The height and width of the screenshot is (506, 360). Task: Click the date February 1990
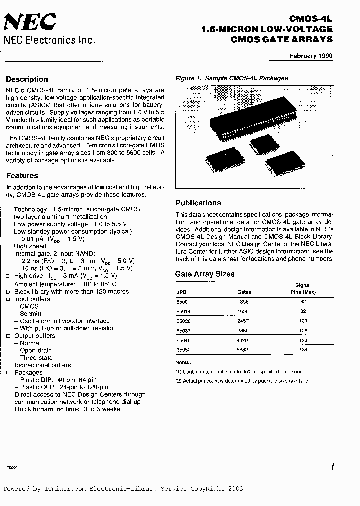click(x=311, y=56)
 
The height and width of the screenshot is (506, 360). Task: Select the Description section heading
click(x=27, y=79)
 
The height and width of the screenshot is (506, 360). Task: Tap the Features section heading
click(x=22, y=176)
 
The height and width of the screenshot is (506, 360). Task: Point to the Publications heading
click(x=198, y=203)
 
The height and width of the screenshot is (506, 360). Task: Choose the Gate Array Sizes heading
click(x=205, y=274)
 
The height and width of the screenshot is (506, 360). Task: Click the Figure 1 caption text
click(x=231, y=78)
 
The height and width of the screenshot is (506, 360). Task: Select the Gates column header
click(x=244, y=292)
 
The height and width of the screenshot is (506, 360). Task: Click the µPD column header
click(x=181, y=292)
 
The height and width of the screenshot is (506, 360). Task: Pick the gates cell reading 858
click(x=244, y=302)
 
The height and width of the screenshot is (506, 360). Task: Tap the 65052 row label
click(x=183, y=350)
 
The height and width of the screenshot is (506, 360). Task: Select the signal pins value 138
click(x=303, y=350)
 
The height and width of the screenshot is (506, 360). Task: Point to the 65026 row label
click(x=183, y=321)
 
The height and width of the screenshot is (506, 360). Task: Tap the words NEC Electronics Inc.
click(x=49, y=40)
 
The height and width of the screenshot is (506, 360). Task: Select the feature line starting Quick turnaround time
click(x=67, y=409)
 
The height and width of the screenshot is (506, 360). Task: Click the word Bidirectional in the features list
click(x=35, y=365)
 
